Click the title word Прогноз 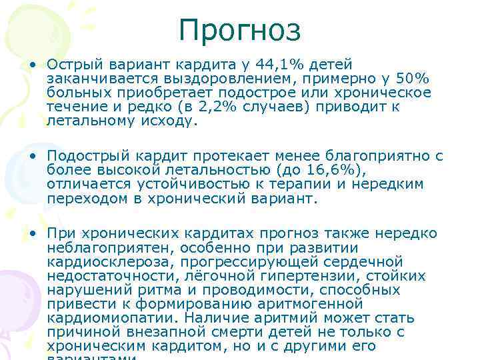[x=239, y=30]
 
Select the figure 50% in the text [x=417, y=79]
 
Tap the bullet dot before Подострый [x=31, y=156]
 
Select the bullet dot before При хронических [x=31, y=233]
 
